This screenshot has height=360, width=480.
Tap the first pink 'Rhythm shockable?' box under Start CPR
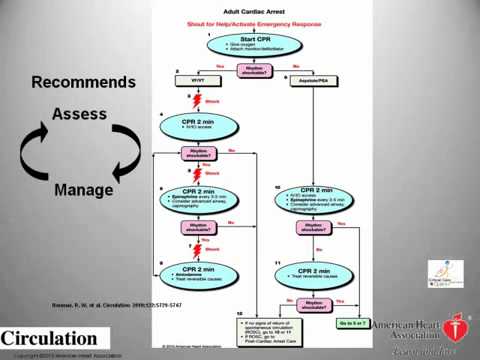pos(240,70)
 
